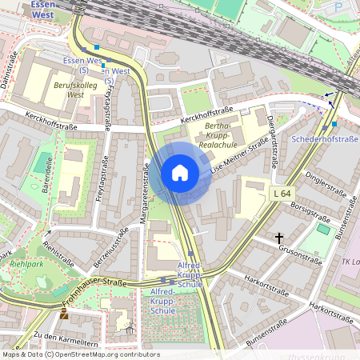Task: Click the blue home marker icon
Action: (180, 173)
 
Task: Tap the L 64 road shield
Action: (282, 194)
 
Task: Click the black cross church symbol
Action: (280, 238)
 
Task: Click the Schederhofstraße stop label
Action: (326, 139)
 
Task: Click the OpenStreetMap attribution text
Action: (81, 354)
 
